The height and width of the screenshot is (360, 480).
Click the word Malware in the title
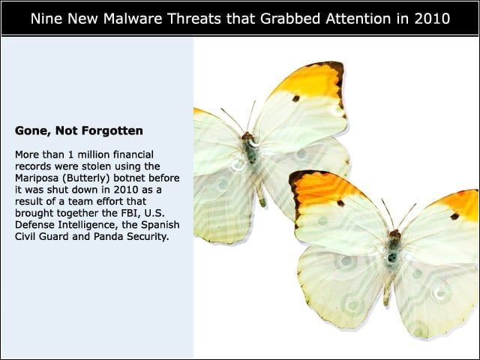click(133, 19)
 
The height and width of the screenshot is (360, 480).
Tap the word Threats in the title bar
click(194, 19)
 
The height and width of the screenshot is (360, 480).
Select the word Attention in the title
click(358, 19)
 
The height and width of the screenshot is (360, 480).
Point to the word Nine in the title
click(46, 19)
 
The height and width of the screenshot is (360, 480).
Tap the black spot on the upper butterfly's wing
click(296, 98)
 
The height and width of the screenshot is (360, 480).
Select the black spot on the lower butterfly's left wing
click(340, 203)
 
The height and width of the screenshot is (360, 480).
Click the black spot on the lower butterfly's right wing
click(454, 217)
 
